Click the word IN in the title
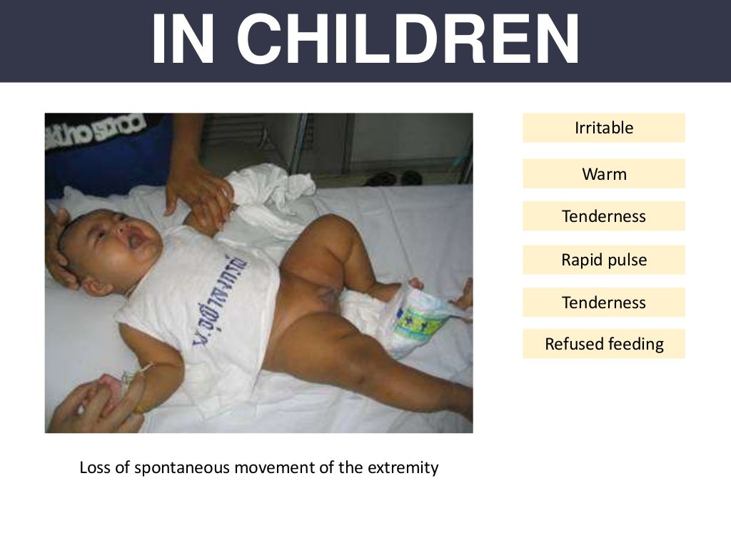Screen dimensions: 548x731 tap(185, 40)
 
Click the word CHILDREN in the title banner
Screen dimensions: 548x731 tap(409, 40)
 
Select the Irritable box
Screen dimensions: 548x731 tap(603, 128)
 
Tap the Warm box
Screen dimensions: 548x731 tap(603, 173)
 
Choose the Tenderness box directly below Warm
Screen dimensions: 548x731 tap(603, 216)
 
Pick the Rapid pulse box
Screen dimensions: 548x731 tap(603, 260)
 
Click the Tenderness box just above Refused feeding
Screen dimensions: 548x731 tap(603, 303)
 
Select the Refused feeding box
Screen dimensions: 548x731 tap(603, 344)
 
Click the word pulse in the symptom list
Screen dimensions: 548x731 tap(625, 260)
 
